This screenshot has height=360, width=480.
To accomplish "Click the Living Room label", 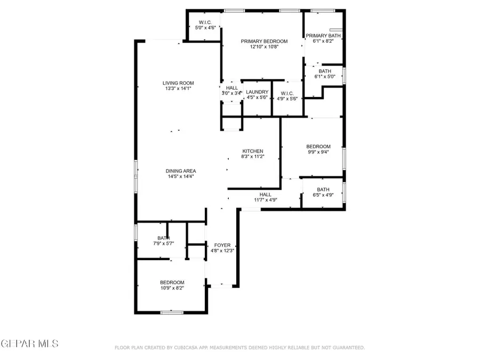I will tap(178, 83).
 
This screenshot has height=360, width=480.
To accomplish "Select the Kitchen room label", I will tap(253, 151).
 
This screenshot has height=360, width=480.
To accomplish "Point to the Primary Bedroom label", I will tap(264, 41).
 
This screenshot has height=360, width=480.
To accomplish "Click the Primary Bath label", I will tap(323, 36).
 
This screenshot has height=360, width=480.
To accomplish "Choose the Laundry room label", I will tap(257, 92).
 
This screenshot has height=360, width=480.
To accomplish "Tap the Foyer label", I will tap(222, 245).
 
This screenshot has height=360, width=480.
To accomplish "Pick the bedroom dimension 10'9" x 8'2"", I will tap(172, 288).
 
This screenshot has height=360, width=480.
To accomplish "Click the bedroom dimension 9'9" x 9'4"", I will tap(318, 152).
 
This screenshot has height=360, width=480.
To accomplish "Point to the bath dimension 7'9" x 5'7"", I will tap(163, 244).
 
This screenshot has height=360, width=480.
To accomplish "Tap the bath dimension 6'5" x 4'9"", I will tap(323, 195).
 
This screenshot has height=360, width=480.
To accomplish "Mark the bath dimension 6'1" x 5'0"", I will tap(325, 77).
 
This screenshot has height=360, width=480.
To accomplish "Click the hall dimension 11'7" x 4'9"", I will tap(265, 200).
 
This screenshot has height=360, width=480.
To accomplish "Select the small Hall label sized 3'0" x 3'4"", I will tap(231, 93).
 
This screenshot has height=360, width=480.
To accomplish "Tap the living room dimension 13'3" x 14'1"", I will tap(178, 89).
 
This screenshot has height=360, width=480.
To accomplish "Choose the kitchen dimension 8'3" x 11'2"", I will tap(253, 157).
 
